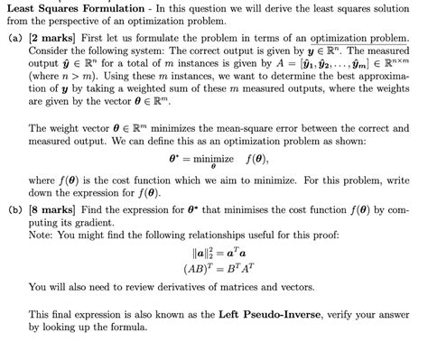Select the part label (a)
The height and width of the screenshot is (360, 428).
pos(14,42)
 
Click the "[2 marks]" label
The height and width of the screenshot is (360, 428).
pos(52,42)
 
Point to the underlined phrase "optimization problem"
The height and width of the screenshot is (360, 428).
pos(358,42)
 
